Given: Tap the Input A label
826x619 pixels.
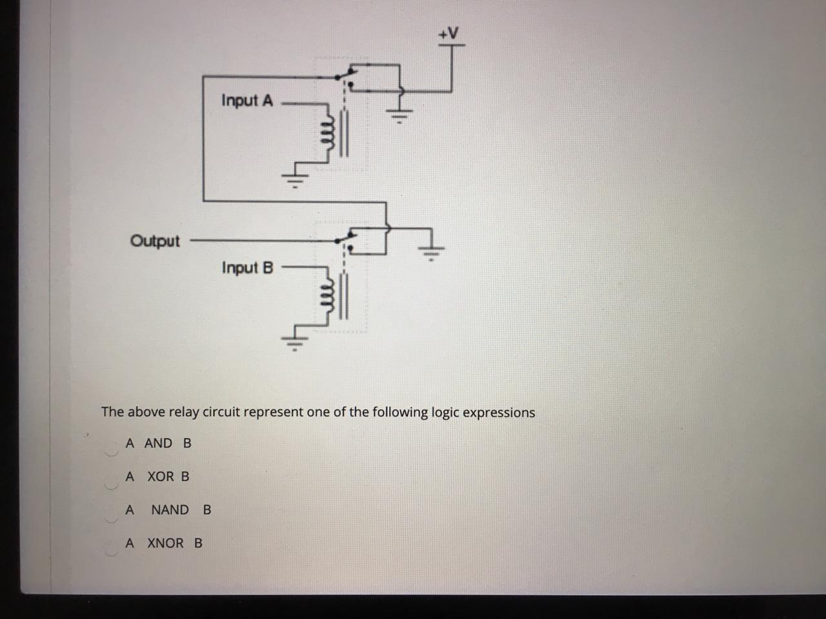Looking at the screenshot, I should (x=247, y=101).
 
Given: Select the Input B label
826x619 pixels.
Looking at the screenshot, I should (x=248, y=268).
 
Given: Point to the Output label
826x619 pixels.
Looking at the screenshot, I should (x=156, y=241).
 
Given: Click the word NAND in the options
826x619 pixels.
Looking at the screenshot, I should (x=170, y=510).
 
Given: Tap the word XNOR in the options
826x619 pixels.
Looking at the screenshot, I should (x=165, y=543).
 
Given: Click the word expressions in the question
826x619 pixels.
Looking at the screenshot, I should (x=498, y=413).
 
